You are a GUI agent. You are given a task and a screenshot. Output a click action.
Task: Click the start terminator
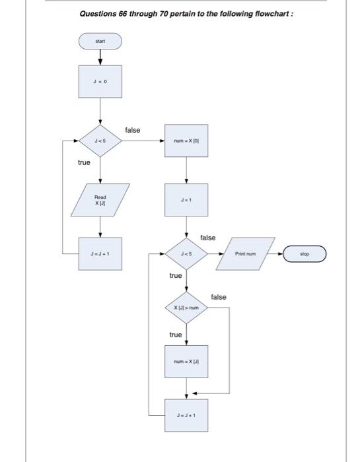[100, 42]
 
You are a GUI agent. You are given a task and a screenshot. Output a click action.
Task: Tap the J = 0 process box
[100, 84]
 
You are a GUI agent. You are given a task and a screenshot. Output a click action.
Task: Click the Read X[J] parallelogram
[100, 199]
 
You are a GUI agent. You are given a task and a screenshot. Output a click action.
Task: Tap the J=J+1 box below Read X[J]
[100, 253]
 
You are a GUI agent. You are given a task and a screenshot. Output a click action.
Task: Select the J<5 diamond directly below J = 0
[100, 141]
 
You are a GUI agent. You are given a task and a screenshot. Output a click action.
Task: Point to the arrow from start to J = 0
[100, 57]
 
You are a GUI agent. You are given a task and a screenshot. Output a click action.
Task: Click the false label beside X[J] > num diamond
[218, 297]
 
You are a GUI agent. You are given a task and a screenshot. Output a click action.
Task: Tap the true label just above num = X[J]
[175, 335]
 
